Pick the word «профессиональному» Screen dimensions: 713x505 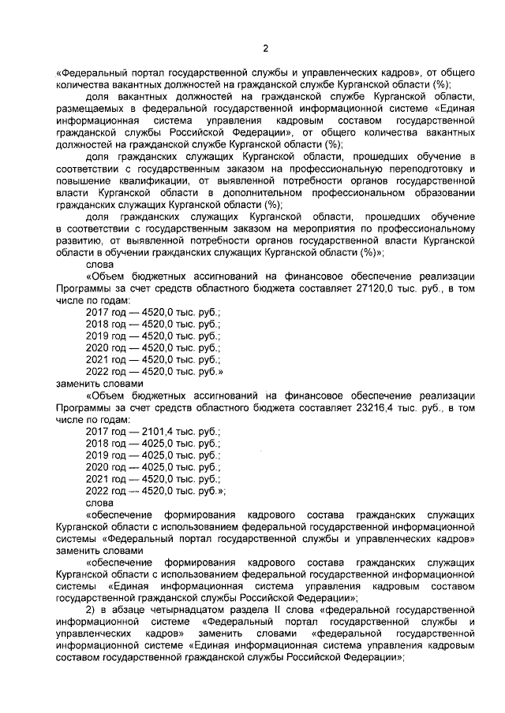point(421,228)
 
